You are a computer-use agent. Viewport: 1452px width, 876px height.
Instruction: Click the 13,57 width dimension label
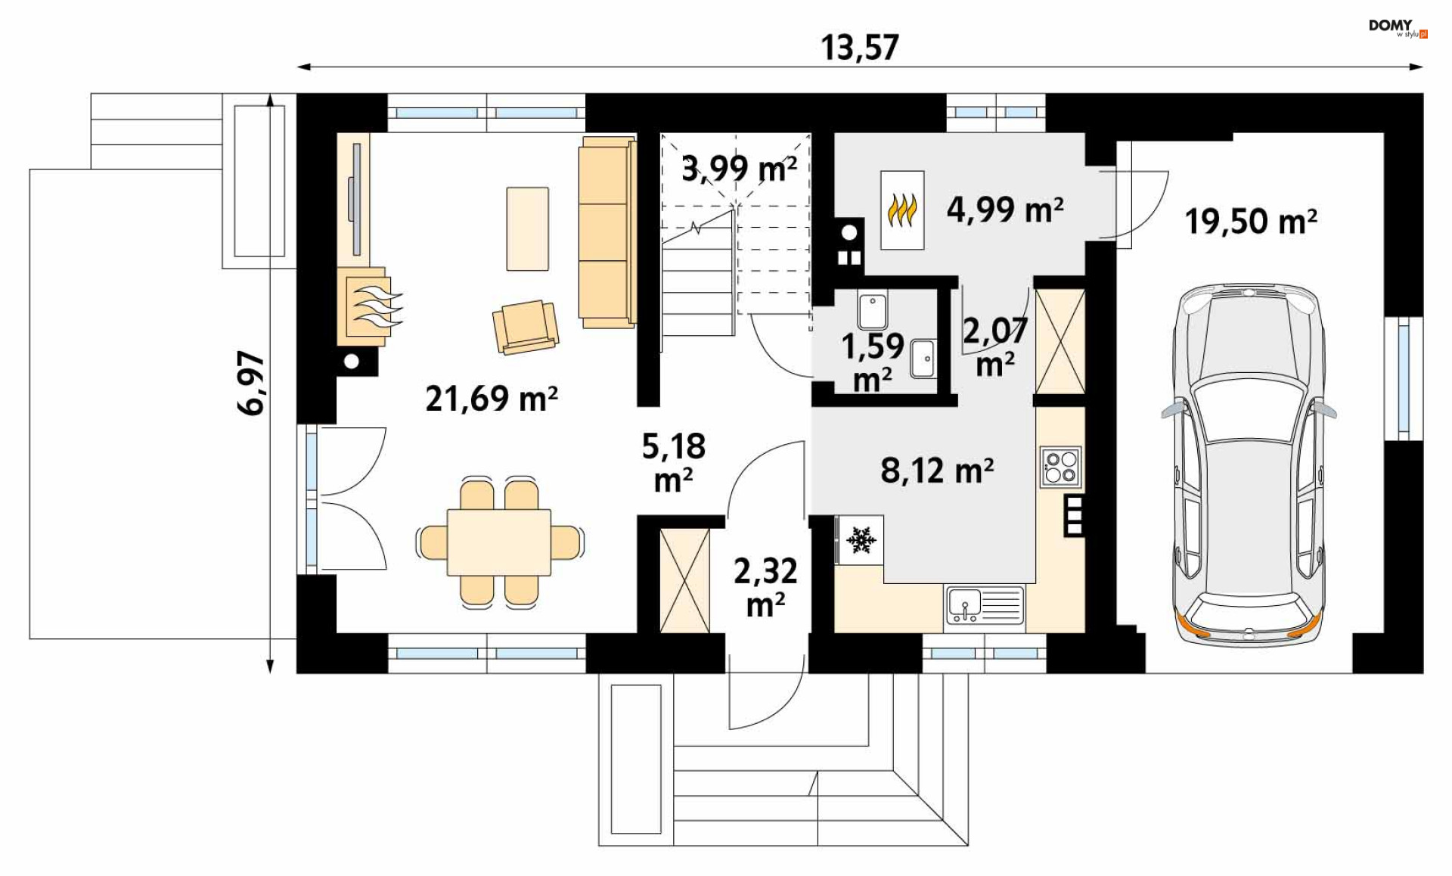[860, 48]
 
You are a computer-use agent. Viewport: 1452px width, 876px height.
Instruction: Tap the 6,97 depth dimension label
[251, 383]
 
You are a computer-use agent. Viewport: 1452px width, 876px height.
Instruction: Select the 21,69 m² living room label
[492, 399]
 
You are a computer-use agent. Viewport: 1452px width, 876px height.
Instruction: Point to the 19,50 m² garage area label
[1251, 222]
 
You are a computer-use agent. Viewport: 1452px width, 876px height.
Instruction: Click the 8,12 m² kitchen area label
[937, 471]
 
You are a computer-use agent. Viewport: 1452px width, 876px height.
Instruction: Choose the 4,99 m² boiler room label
[1005, 209]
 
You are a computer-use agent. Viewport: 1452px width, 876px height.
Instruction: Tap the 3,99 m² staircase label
[739, 168]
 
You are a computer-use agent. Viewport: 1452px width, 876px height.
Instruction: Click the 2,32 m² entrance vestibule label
[765, 588]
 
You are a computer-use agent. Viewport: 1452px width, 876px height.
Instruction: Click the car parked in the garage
[1249, 464]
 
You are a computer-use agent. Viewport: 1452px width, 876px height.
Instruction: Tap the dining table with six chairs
[499, 542]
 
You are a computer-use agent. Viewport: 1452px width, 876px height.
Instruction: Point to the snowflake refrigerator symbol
[860, 539]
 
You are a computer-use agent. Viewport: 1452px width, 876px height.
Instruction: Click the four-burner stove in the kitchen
[1060, 467]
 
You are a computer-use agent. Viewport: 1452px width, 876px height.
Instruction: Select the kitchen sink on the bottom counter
[985, 606]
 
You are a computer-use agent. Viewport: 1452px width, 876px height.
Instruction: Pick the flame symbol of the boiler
[902, 211]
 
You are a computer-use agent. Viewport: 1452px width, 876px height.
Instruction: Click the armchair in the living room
[526, 327]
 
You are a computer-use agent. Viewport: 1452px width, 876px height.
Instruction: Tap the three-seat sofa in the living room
[607, 232]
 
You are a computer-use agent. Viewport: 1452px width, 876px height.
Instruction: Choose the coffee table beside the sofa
[528, 228]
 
